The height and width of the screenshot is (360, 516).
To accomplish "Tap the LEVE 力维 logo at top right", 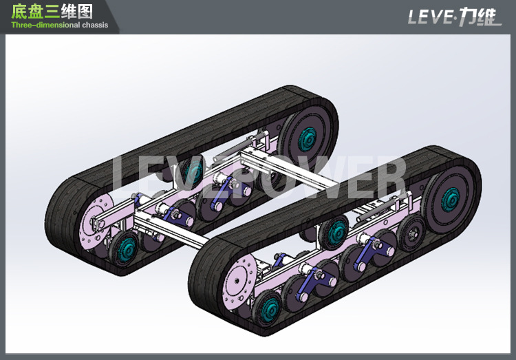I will [x=454, y=16].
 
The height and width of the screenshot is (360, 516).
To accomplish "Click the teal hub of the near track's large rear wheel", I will [x=451, y=200].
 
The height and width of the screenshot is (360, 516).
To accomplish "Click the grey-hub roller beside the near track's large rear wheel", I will [x=411, y=229].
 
